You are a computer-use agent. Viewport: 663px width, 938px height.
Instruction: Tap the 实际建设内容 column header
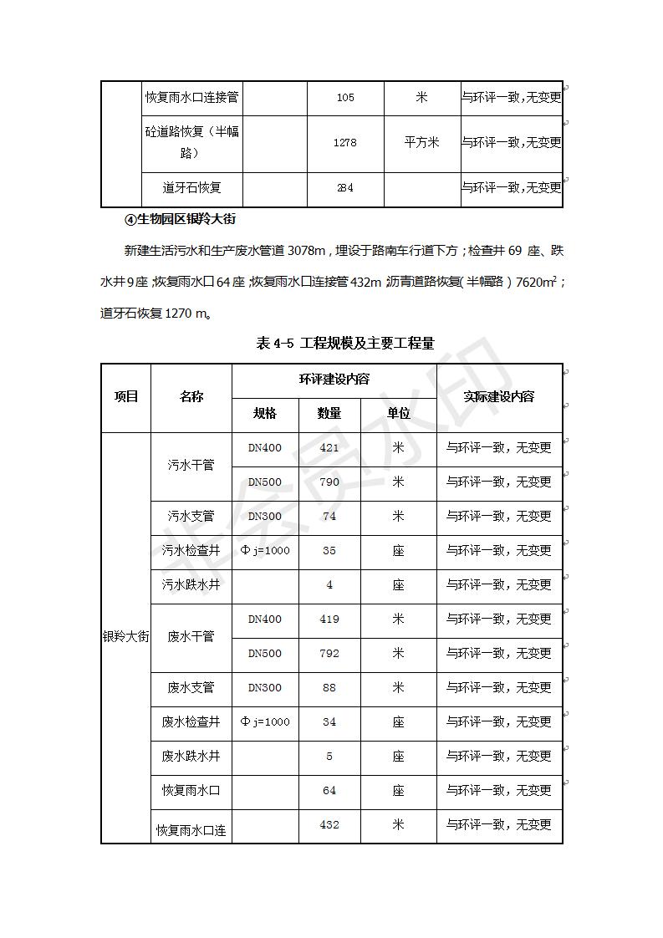point(499,397)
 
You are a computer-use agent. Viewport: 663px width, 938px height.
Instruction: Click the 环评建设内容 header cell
point(334,380)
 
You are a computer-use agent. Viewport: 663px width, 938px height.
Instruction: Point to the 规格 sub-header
point(265,414)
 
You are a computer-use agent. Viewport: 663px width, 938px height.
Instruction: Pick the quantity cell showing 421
point(329,448)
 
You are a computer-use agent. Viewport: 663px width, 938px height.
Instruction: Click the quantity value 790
point(329,482)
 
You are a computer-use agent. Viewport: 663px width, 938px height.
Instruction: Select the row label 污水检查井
point(191,551)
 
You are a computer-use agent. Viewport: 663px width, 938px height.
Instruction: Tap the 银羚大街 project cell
point(125,636)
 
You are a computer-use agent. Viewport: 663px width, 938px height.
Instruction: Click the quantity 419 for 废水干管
point(329,619)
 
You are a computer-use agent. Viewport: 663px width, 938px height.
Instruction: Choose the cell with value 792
point(329,654)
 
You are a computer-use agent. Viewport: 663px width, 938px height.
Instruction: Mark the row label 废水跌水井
point(191,757)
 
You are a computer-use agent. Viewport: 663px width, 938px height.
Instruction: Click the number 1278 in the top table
point(344,143)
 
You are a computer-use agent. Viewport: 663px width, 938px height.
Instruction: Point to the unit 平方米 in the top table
point(421,143)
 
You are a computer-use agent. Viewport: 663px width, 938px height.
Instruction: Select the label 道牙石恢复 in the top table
point(191,188)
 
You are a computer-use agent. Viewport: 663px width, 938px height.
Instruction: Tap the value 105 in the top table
point(344,98)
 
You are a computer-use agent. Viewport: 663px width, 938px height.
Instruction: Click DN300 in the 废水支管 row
point(265,688)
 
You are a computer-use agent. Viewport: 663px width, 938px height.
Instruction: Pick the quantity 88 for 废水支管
point(329,688)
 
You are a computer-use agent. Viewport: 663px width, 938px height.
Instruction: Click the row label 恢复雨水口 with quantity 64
point(191,791)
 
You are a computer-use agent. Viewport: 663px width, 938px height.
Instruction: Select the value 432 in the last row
point(329,825)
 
